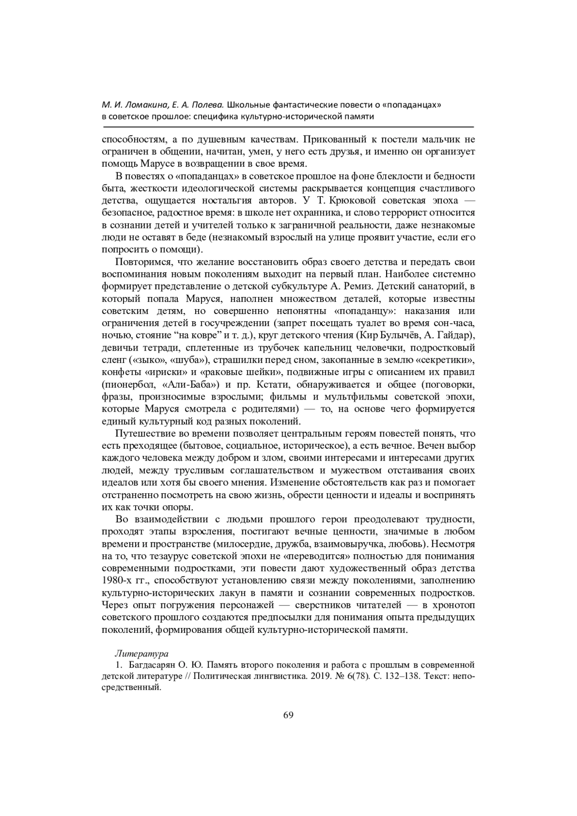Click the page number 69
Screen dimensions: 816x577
tap(288, 715)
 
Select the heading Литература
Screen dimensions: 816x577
tap(141, 654)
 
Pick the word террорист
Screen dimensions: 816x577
tap(410, 213)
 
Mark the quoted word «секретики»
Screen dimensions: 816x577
tap(444, 360)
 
